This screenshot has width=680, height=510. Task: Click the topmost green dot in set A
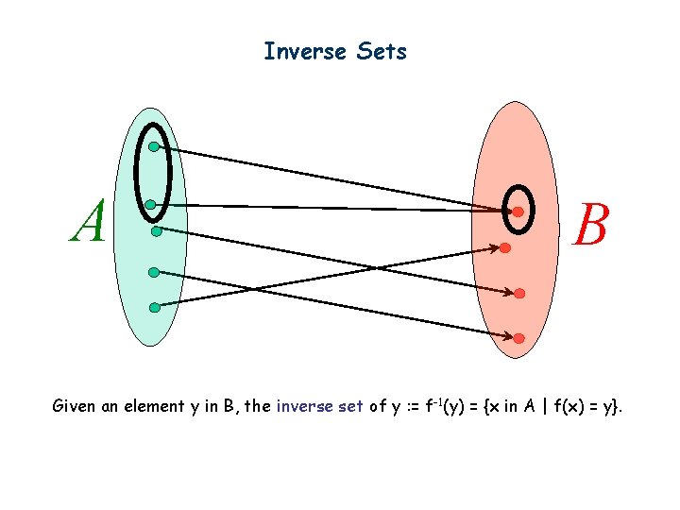tap(153, 146)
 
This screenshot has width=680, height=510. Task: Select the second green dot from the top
tap(150, 204)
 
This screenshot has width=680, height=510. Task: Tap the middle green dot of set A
tap(156, 229)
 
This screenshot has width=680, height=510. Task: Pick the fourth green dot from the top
tap(153, 272)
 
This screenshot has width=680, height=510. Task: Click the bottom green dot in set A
tap(153, 305)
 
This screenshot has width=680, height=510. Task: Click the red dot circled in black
tap(518, 212)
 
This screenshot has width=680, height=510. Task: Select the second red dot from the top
tap(506, 248)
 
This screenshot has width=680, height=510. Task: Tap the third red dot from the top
tap(519, 294)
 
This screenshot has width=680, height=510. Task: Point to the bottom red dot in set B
tap(518, 337)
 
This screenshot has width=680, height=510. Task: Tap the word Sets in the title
tap(382, 51)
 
